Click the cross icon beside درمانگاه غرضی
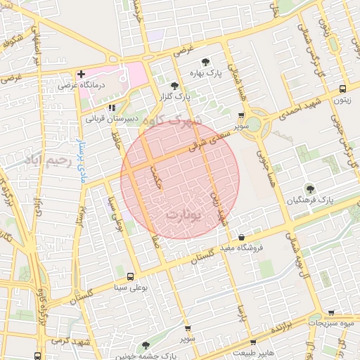pyautogui.click(x=81, y=73)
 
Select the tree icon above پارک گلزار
pyautogui.click(x=174, y=85)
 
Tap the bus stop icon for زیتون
pyautogui.click(x=342, y=89)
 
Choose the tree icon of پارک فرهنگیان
pyautogui.click(x=309, y=188)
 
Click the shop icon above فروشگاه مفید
pyautogui.click(x=243, y=237)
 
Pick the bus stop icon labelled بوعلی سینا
pyautogui.click(x=130, y=276)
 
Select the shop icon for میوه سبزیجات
pyautogui.click(x=331, y=313)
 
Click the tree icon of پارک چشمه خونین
pyautogui.click(x=146, y=345)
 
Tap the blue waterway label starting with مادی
pyautogui.click(x=79, y=147)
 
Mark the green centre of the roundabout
pyautogui.click(x=254, y=125)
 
